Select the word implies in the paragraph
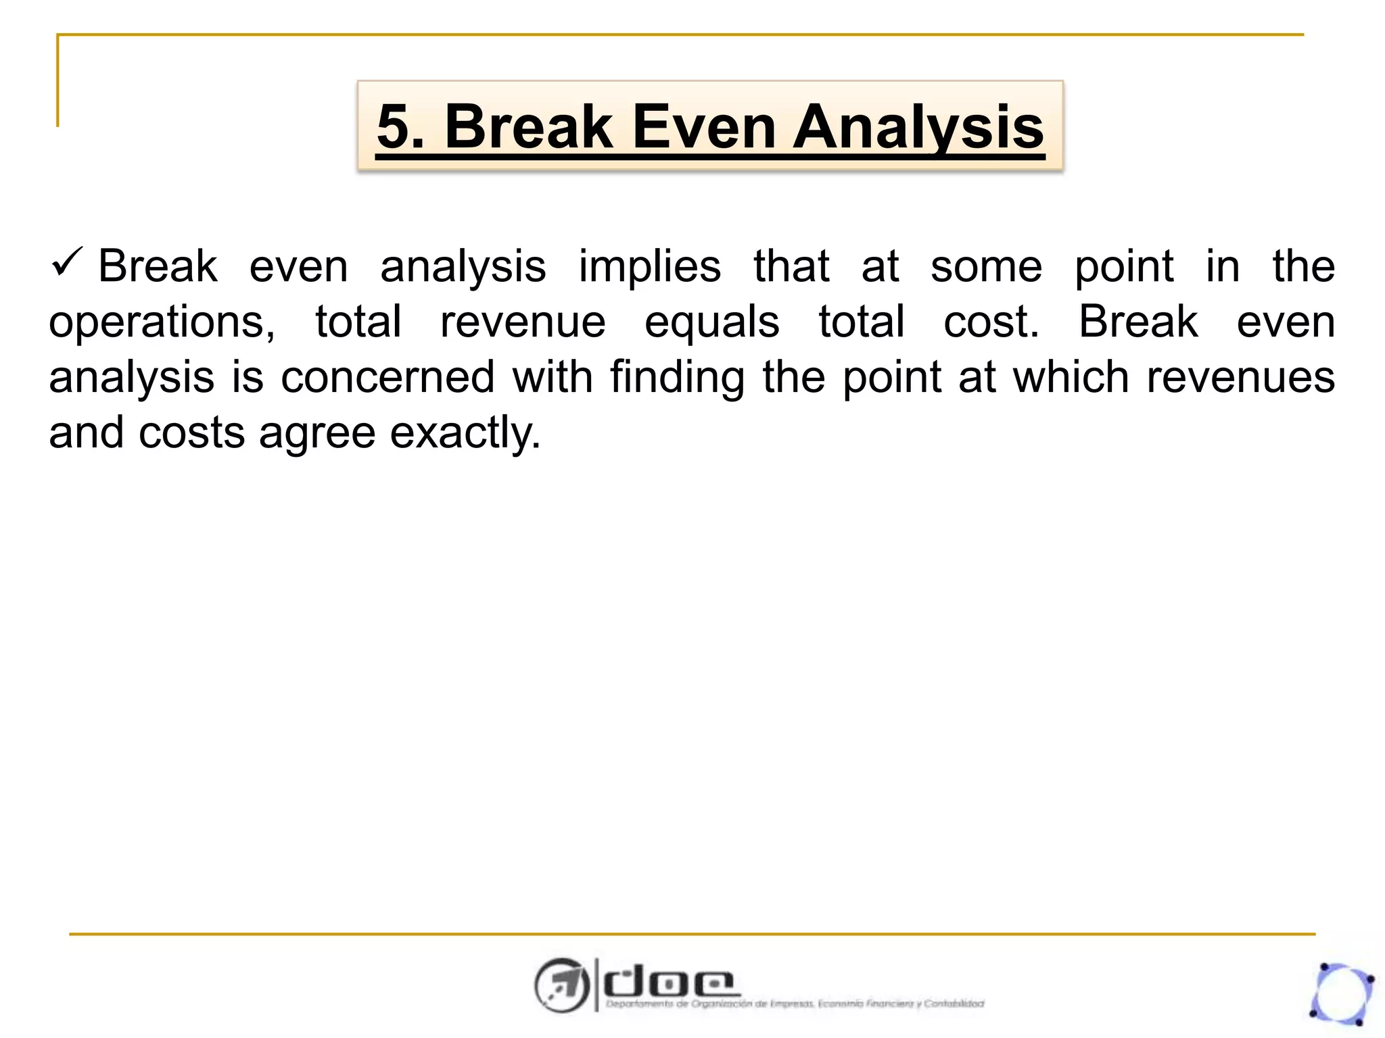649,267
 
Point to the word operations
162,322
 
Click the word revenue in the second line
523,322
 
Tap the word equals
711,322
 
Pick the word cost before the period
987,322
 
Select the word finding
678,377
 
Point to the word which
1071,377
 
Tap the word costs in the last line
191,432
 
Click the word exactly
465,432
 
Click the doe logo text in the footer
668,983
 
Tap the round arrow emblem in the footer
561,985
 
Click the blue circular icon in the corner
1342,993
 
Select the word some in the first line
986,267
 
